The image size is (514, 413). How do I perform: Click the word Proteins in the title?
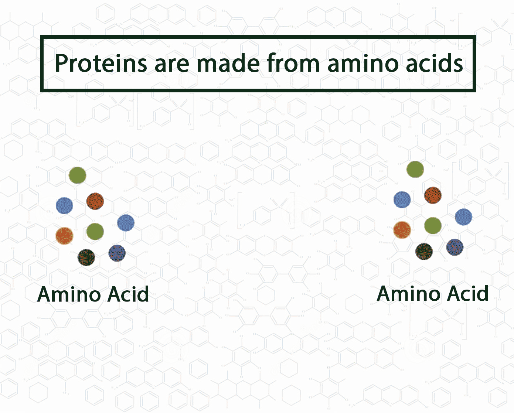pos(101,63)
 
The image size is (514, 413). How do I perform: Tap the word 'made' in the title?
pos(228,62)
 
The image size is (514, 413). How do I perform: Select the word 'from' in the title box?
pos(293,62)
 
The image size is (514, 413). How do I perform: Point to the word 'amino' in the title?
pos(363,62)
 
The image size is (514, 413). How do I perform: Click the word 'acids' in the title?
pos(435,62)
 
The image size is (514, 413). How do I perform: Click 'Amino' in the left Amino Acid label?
pos(69,294)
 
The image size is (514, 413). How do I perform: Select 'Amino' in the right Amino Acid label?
pos(408,293)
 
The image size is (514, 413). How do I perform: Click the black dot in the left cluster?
pos(86,257)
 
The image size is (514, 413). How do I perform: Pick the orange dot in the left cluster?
pos(65,236)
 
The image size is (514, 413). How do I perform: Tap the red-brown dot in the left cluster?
pos(95,201)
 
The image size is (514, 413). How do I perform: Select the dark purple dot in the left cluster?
pos(117,253)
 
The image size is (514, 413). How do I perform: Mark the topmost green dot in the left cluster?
pos(77,175)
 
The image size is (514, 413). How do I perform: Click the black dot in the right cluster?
pos(424,252)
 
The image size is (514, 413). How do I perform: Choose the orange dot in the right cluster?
pos(402,230)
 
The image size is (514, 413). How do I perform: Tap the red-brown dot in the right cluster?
pos(433,195)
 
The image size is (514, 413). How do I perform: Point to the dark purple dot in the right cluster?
pos(455,247)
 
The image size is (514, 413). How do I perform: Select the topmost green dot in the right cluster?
pos(415,169)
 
